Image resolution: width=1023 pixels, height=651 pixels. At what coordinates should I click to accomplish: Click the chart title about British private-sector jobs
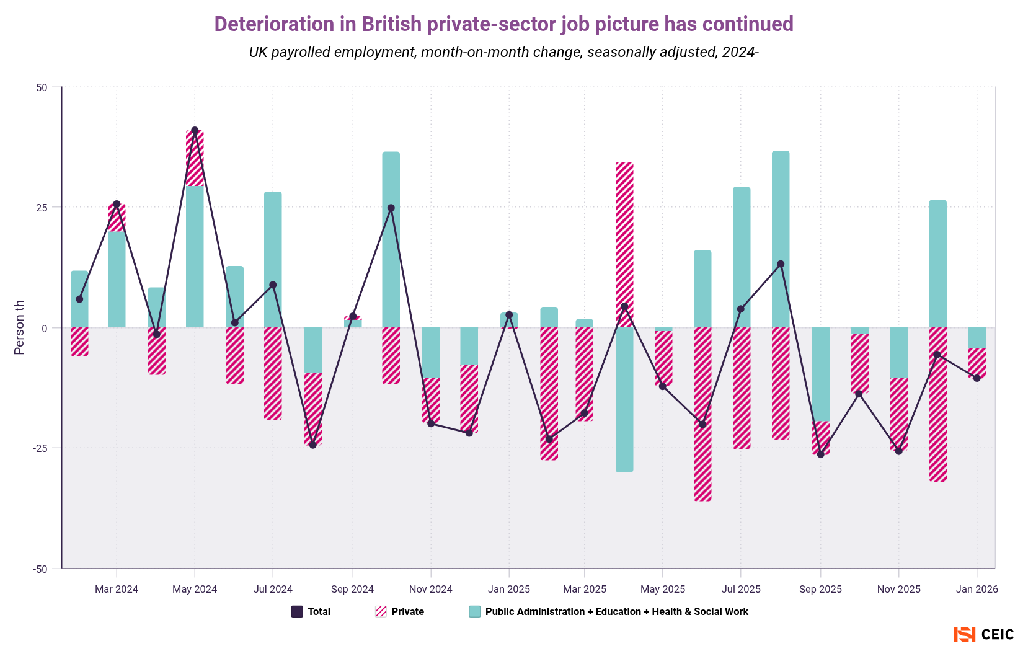[503, 24]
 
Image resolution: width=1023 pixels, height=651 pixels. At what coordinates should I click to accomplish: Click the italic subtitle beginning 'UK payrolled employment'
[503, 52]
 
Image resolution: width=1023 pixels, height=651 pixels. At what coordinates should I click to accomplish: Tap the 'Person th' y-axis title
[19, 327]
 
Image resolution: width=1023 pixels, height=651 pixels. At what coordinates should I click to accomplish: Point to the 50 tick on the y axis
[42, 87]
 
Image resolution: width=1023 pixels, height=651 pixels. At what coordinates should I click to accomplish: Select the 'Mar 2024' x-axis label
[117, 589]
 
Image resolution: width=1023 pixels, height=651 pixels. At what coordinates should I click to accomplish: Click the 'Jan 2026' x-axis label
[976, 589]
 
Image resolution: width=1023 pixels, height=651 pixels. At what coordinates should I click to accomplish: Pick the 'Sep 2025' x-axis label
[820, 589]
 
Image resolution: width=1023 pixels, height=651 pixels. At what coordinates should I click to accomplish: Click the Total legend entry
[311, 612]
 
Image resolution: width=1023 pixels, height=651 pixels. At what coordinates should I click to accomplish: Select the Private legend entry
[400, 612]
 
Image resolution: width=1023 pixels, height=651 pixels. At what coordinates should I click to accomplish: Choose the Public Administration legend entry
[609, 612]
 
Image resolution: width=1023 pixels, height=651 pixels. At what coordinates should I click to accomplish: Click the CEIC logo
[984, 634]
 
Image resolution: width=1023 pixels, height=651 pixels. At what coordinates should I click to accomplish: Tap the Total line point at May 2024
[195, 131]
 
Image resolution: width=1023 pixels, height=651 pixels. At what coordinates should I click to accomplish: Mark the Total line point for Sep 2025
[820, 454]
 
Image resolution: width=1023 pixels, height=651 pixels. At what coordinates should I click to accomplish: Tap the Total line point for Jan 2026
[976, 378]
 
